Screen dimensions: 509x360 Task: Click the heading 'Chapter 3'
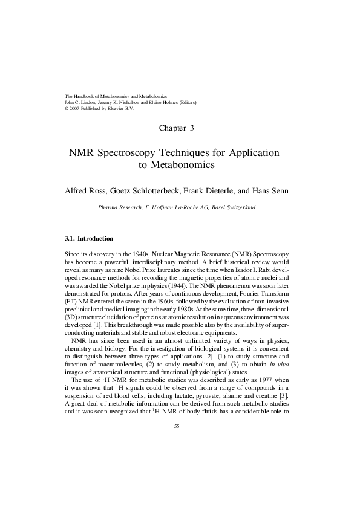(x=180, y=128)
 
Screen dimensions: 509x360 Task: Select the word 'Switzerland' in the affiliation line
(x=240, y=207)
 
